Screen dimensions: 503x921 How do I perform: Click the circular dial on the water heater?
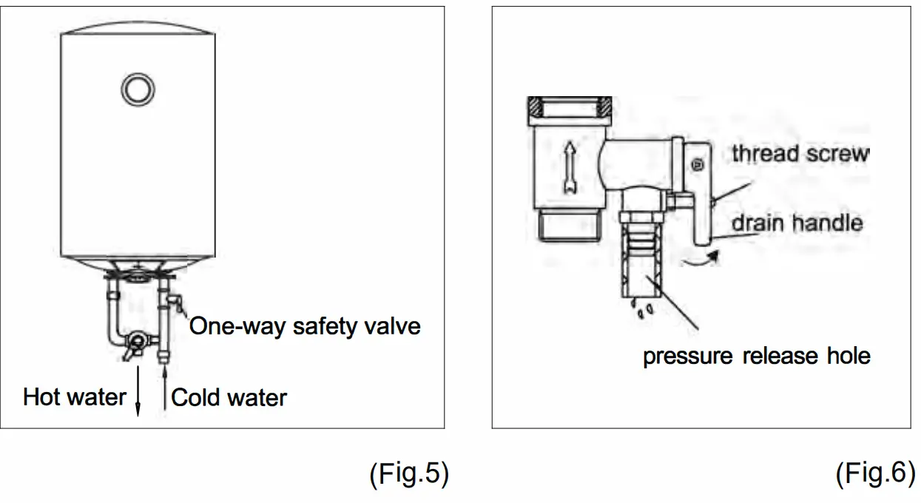click(x=138, y=89)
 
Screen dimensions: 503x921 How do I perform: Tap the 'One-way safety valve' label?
click(x=305, y=326)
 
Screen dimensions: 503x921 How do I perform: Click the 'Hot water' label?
click(x=75, y=397)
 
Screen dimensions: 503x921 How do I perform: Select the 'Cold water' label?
click(x=229, y=398)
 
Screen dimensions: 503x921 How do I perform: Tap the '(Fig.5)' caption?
click(x=408, y=474)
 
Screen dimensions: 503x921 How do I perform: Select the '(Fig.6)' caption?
click(x=874, y=474)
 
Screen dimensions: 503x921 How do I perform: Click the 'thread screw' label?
click(x=800, y=154)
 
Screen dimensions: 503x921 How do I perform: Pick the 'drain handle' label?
click(x=797, y=223)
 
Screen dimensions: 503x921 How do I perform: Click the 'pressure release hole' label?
click(x=756, y=356)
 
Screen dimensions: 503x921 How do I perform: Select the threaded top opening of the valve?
click(x=569, y=107)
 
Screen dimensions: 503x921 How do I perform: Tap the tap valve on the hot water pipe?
click(x=134, y=342)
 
